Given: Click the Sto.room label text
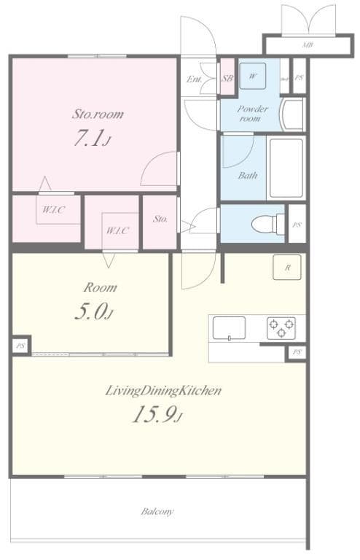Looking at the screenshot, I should click(x=97, y=114).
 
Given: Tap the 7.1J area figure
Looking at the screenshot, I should click(x=92, y=139).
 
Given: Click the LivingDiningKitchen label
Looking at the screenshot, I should click(x=163, y=391).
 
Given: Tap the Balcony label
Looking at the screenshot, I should click(x=157, y=512).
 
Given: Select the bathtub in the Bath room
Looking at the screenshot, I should click(x=286, y=168).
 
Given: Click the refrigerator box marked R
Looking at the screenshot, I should click(x=287, y=268).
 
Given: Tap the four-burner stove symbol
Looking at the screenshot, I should click(x=281, y=328).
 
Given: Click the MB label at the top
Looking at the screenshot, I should click(x=307, y=45).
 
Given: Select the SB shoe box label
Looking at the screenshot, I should click(x=227, y=78).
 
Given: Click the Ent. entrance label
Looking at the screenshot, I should click(x=195, y=79).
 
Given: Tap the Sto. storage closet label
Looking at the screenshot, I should click(x=160, y=219).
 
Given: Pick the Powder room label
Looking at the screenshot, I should click(x=253, y=114).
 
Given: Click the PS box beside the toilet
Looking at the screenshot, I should click(x=297, y=225).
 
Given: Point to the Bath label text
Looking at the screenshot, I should click(x=248, y=176).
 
